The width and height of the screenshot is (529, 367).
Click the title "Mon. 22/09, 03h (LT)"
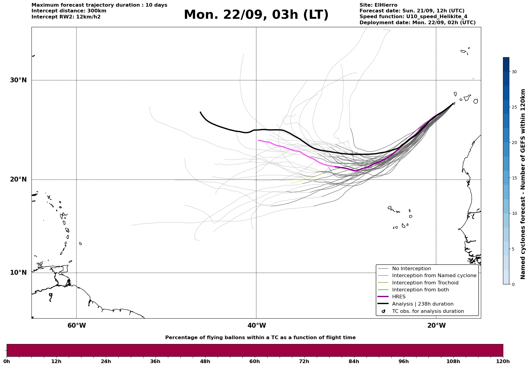pyautogui.click(x=256, y=15)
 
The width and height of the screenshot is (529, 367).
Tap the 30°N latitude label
pyautogui.click(x=18, y=80)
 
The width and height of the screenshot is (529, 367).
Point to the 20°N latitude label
pyautogui.click(x=18, y=179)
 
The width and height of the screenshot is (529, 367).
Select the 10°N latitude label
pyautogui.click(x=18, y=273)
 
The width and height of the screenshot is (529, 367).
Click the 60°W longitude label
pyautogui.click(x=77, y=326)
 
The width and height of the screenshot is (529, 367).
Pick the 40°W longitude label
pyautogui.click(x=257, y=326)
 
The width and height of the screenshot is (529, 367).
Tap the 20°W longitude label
pyautogui.click(x=436, y=326)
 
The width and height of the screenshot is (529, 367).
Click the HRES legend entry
pyautogui.click(x=399, y=297)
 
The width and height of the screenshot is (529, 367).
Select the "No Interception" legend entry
pyautogui.click(x=411, y=269)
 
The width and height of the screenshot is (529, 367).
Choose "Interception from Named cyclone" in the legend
pyautogui.click(x=434, y=276)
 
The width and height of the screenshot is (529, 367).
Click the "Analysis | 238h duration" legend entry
pyautogui.click(x=422, y=304)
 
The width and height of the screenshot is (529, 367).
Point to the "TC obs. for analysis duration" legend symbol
pyautogui.click(x=383, y=311)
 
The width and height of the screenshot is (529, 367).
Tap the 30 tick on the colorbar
pyautogui.click(x=514, y=72)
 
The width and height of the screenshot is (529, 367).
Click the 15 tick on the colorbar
pyautogui.click(x=514, y=178)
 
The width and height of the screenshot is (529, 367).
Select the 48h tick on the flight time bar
pyautogui.click(x=205, y=361)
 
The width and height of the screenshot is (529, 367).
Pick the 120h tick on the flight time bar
pyautogui.click(x=503, y=361)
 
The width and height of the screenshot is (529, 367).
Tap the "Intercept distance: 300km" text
pyautogui.click(x=69, y=11)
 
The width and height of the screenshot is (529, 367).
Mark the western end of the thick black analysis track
pyautogui.click(x=200, y=112)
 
